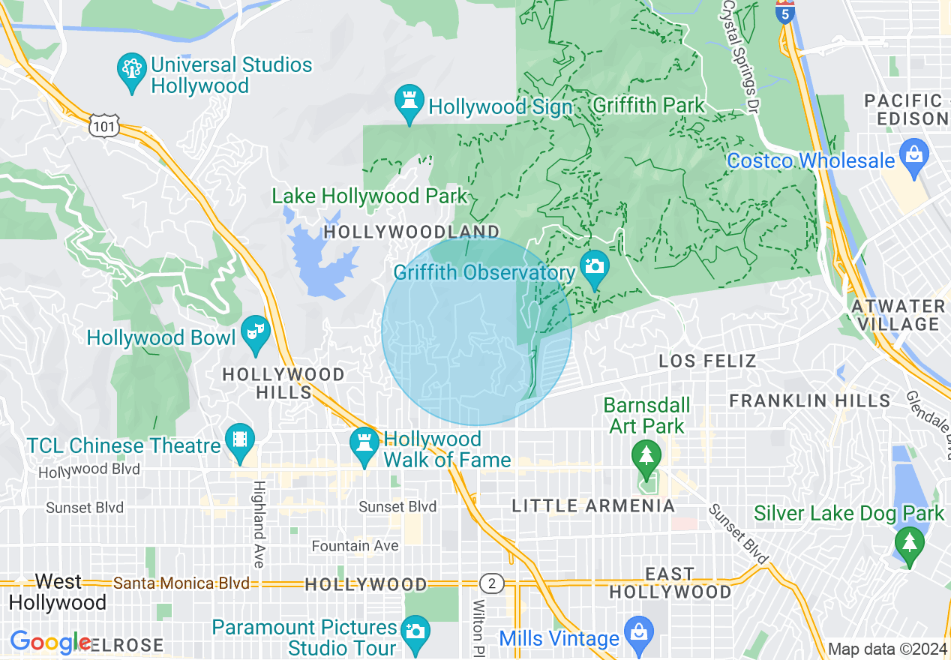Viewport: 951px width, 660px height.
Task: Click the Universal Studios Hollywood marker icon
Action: (132, 71)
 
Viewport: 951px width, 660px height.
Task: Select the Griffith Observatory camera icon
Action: (595, 268)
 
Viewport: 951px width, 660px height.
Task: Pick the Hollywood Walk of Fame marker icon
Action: (364, 445)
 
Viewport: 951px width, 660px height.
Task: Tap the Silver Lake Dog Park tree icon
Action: (910, 543)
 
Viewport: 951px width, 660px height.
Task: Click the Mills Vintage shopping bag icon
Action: (638, 634)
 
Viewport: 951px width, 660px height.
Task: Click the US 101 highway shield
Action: (103, 126)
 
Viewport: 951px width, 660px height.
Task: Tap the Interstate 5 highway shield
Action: (784, 13)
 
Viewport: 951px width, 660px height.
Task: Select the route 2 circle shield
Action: (491, 583)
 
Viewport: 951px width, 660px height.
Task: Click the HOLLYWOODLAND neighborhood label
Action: (411, 232)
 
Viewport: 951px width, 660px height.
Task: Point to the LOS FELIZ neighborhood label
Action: (707, 361)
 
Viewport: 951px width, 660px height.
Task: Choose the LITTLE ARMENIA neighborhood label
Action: (593, 506)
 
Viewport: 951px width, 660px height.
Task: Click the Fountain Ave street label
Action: (355, 546)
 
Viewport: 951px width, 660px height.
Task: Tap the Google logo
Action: (49, 642)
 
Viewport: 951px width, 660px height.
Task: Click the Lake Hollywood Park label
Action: (369, 196)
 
